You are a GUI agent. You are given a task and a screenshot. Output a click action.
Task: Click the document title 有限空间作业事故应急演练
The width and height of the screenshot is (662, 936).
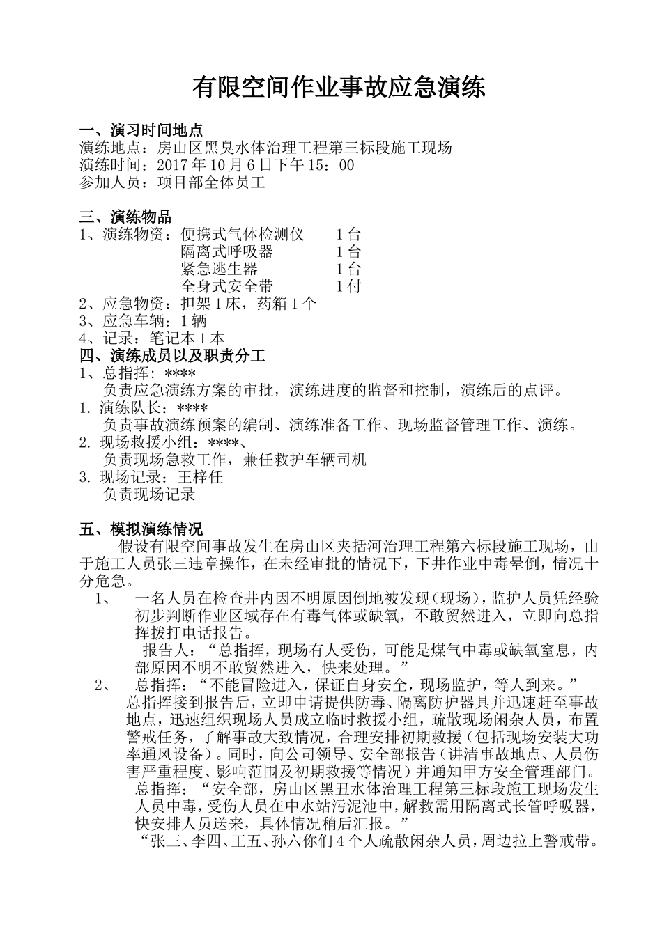pos(339,88)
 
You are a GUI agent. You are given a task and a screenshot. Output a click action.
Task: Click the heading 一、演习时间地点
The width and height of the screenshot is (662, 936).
pos(141,130)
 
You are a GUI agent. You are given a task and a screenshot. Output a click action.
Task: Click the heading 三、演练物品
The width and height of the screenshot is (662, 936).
pos(125,217)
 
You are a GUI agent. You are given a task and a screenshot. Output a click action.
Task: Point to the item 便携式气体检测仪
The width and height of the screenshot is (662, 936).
pos(243,234)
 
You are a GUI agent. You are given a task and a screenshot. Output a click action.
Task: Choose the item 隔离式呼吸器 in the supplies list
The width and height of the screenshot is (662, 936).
pos(227,251)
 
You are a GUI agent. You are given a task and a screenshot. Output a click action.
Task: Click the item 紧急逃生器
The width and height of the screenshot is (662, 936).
pos(220,269)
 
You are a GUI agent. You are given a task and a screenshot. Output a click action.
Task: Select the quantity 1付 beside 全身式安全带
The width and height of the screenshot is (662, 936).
pos(348,286)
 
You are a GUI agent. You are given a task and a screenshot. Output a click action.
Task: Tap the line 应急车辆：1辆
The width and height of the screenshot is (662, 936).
pos(144,321)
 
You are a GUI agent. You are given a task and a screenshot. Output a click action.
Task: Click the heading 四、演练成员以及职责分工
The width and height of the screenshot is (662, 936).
pos(172,356)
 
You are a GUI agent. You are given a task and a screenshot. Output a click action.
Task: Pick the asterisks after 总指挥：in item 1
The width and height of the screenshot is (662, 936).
pos(179,373)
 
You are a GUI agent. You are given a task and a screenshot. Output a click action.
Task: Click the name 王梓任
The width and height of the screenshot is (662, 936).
pos(200,477)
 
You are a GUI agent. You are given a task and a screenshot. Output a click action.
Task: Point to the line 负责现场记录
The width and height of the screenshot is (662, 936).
pos(149,494)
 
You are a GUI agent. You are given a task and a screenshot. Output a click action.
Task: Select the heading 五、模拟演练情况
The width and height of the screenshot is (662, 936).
pos(141,529)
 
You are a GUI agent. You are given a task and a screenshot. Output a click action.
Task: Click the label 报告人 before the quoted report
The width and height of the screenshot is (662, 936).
pos(164,650)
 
